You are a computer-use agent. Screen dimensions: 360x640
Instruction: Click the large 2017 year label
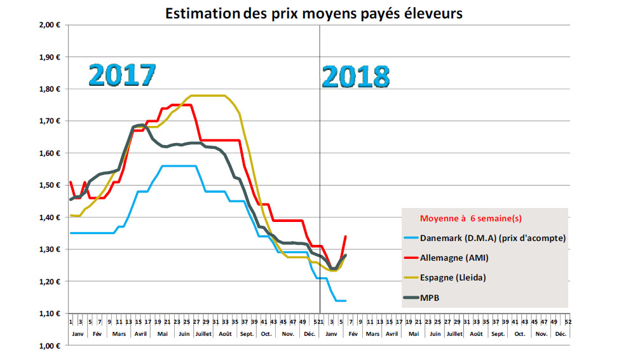(122, 74)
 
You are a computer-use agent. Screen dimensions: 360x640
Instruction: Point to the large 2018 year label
(356, 76)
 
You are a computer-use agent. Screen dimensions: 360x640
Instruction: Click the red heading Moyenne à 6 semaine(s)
(470, 218)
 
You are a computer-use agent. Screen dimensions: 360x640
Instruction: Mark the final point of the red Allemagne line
(346, 236)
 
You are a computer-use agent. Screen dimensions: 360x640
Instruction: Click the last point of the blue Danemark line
(346, 300)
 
